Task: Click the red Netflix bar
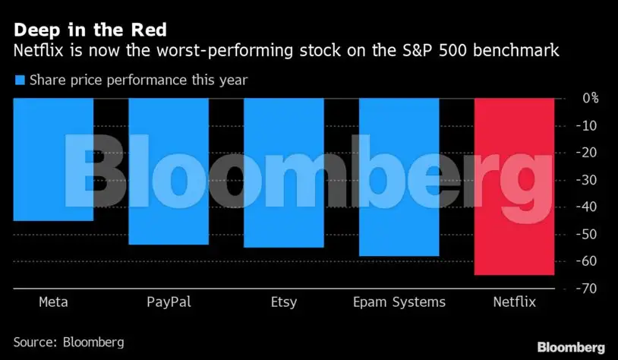click(x=514, y=186)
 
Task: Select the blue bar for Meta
click(x=53, y=159)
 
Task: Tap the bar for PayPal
click(x=169, y=171)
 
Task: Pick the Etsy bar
click(x=283, y=172)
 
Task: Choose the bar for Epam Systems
click(x=399, y=177)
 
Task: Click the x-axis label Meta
click(x=53, y=302)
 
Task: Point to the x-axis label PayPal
click(x=169, y=302)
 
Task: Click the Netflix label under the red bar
click(x=514, y=302)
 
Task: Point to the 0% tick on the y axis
click(x=590, y=98)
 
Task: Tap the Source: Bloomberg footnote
click(x=68, y=342)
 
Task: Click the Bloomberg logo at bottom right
click(x=572, y=346)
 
